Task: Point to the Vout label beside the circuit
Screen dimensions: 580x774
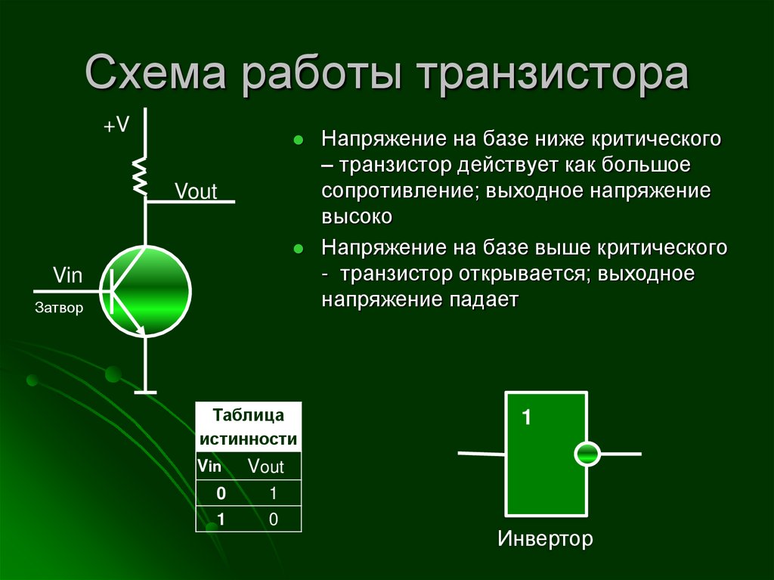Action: [196, 191]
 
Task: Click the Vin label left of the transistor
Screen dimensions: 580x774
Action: [67, 274]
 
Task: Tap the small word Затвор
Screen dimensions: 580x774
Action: [58, 309]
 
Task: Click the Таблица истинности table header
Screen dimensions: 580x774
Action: [248, 427]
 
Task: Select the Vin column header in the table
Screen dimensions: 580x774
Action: [209, 466]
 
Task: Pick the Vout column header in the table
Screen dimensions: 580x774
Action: [266, 467]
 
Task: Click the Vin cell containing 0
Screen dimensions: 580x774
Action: [221, 494]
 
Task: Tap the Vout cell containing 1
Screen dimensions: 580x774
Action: [274, 494]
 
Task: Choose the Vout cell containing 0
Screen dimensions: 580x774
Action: [274, 519]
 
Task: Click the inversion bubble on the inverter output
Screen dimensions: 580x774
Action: [587, 454]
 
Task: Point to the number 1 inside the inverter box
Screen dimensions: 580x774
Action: [527, 417]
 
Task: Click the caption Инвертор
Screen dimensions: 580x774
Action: [545, 539]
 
